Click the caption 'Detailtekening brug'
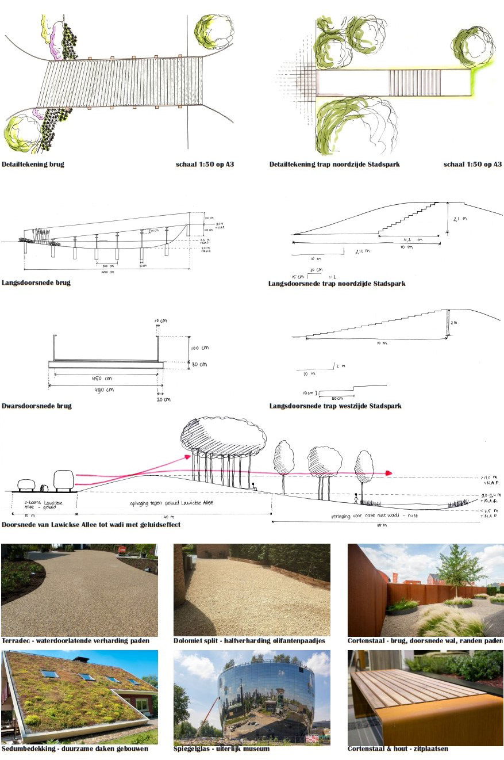(33, 165)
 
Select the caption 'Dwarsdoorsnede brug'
(37, 406)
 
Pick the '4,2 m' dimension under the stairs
(411, 240)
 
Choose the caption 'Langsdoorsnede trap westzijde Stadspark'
(335, 406)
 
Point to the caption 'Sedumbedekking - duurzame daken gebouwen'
(75, 749)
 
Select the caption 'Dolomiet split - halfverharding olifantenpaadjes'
(249, 641)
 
